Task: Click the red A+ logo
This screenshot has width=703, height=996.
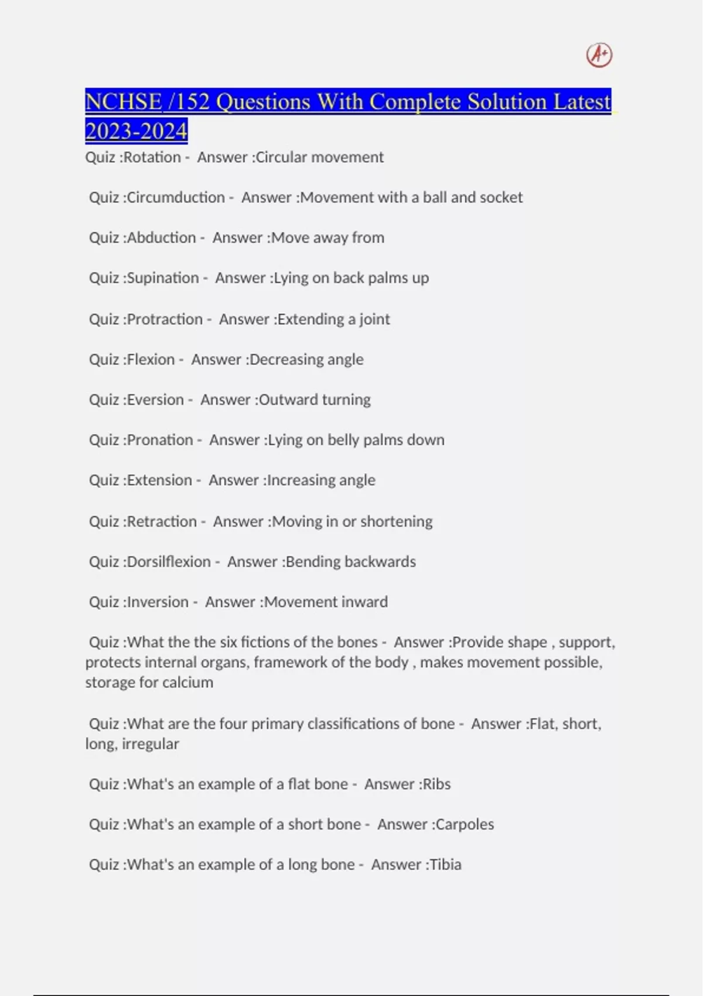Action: (599, 55)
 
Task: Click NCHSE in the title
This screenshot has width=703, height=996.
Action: (123, 102)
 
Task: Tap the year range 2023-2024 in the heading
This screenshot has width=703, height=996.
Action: (136, 131)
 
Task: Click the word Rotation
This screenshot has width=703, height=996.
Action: (152, 157)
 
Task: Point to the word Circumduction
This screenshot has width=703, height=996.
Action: (176, 197)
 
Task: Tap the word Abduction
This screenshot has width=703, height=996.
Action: (161, 238)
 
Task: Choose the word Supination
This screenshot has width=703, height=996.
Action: (163, 278)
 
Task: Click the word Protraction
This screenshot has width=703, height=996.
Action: (165, 319)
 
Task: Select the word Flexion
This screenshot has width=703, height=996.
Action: (151, 359)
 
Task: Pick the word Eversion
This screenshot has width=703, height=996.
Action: (155, 400)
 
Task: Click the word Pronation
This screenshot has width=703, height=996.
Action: (160, 440)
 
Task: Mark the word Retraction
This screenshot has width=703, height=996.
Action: (162, 521)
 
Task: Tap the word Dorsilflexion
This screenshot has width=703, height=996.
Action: (169, 562)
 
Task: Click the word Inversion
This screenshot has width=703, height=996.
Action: (158, 602)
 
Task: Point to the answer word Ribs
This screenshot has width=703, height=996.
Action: (436, 784)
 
